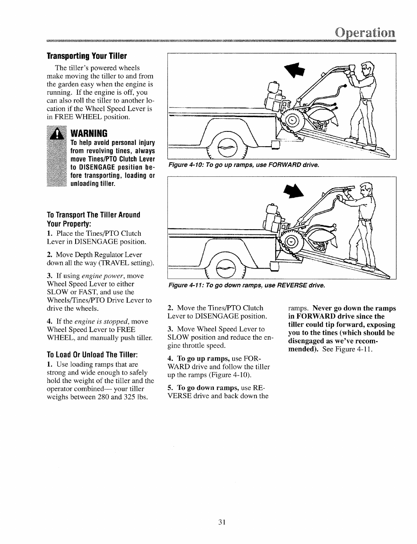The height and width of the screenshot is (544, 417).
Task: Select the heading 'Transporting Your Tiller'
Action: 87,56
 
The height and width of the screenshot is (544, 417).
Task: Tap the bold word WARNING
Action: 89,133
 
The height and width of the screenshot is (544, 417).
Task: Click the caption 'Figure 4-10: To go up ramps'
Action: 243,165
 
